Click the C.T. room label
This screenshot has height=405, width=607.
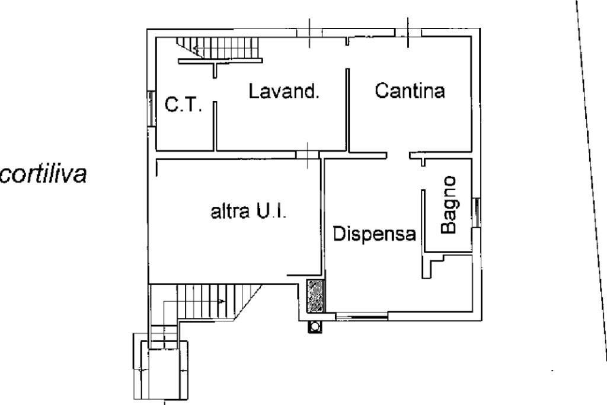[183, 106]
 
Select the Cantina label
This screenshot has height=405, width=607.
[410, 91]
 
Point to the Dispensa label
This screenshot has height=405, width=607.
[373, 234]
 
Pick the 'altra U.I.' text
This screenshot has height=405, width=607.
[248, 212]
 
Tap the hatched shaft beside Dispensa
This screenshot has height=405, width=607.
[315, 295]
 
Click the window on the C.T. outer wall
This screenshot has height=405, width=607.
[149, 107]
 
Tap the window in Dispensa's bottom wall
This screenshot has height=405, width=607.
[362, 317]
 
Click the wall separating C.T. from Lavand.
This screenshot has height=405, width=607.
[214, 125]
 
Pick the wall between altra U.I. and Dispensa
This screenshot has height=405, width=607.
[323, 219]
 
